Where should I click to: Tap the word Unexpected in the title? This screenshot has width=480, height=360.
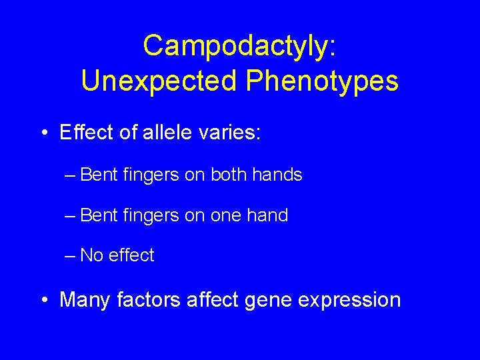point(159,81)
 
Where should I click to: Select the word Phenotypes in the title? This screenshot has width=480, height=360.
point(322,81)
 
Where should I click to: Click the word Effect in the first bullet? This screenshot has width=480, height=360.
point(85,133)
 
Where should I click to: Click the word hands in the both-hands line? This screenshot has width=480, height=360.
point(279,175)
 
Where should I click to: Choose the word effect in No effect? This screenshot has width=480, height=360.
point(131,255)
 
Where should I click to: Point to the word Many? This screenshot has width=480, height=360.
point(85,300)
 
